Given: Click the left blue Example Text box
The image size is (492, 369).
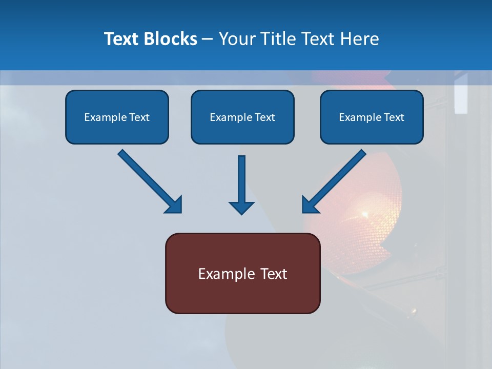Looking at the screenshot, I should pos(117,117).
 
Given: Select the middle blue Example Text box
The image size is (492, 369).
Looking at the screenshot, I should pos(242,117).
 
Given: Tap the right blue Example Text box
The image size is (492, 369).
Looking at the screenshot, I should pos(372,117).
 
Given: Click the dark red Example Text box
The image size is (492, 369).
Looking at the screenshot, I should pos(242,273).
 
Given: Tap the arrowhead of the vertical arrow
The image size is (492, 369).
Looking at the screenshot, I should pos(241,207).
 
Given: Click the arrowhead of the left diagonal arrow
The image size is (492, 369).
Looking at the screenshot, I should pos(174,204).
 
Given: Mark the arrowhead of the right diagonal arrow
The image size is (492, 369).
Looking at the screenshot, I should pos(309,204).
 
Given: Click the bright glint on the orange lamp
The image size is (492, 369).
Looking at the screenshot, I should pos(365,213).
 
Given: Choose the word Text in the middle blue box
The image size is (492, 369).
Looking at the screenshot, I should pos(265,117).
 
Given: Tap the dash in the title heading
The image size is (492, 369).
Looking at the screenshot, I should pos(208,39).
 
